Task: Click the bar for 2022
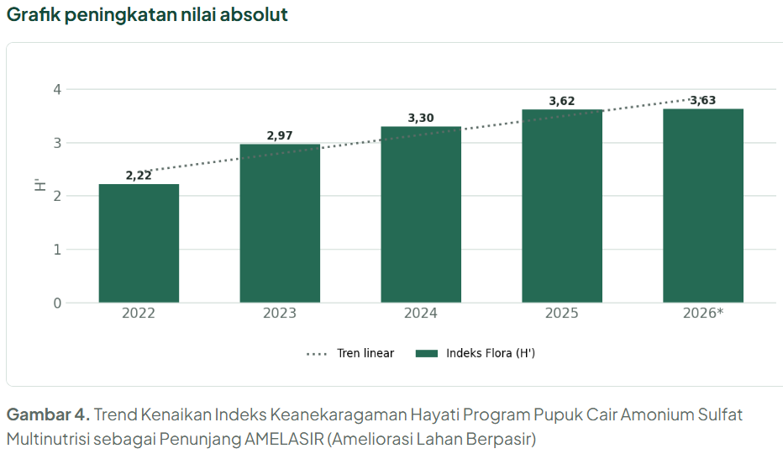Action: click(x=139, y=244)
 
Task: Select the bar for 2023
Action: click(x=280, y=224)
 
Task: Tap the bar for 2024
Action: click(x=421, y=214)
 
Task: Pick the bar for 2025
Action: click(x=562, y=206)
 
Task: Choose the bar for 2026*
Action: click(x=703, y=205)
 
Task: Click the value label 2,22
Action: click(x=139, y=176)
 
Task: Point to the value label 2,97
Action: click(x=280, y=135)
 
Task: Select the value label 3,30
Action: click(x=421, y=118)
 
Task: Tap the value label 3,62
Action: click(x=562, y=101)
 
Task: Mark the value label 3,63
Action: click(x=703, y=101)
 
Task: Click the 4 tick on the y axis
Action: click(x=57, y=89)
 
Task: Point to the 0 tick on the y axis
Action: click(x=57, y=303)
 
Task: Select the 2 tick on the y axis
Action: click(x=57, y=196)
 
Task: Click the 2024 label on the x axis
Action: click(x=420, y=313)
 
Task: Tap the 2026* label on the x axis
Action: click(x=703, y=313)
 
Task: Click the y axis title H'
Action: click(x=40, y=184)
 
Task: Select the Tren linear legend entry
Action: click(x=350, y=353)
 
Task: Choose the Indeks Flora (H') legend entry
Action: click(x=476, y=353)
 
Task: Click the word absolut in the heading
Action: click(x=254, y=14)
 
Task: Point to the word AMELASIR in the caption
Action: click(x=284, y=439)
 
